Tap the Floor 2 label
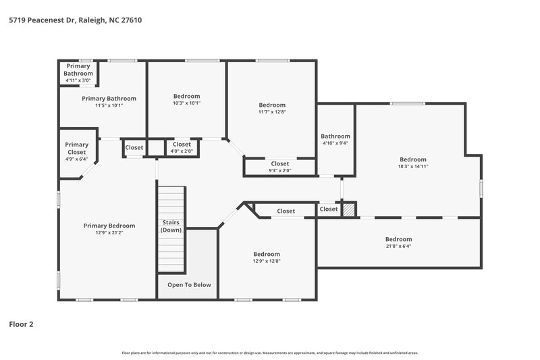pos(21,324)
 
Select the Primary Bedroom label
pos(109,226)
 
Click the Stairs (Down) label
pos(171,226)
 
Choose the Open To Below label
pos(189,284)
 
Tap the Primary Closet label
pos(76,149)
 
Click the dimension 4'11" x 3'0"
pos(78,80)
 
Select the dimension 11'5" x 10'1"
pos(109,105)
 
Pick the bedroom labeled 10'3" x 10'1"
pos(186,100)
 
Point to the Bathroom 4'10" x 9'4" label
pos(335,139)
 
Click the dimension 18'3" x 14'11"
pos(412,166)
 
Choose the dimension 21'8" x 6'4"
pos(398,246)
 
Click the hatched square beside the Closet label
pos(348,210)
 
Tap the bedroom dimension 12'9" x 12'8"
pos(266,261)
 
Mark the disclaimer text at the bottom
pos(270,353)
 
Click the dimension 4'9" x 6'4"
pos(76,159)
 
